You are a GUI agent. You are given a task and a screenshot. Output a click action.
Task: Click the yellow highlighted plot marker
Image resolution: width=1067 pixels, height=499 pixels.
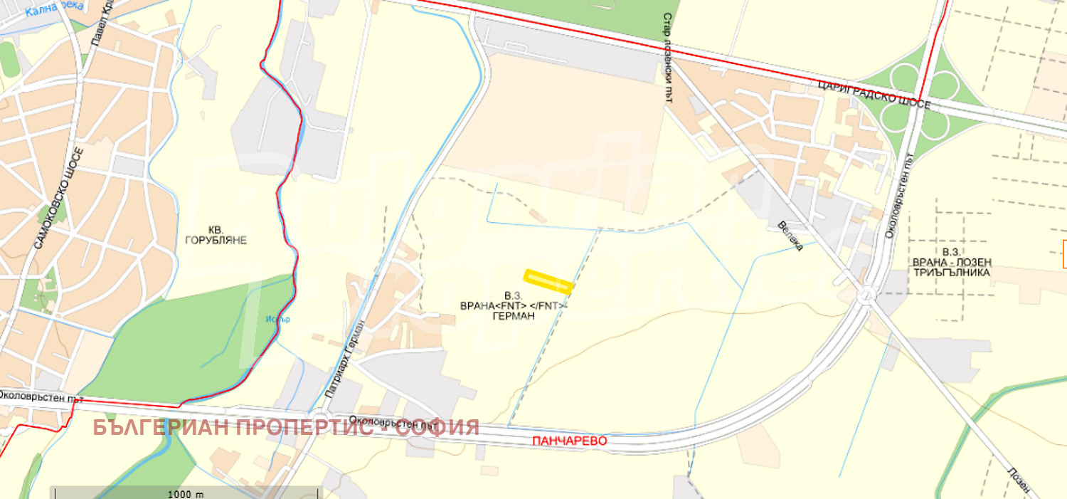548,281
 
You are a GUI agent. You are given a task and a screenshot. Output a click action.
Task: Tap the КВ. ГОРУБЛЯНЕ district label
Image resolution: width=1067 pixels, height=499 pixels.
216,236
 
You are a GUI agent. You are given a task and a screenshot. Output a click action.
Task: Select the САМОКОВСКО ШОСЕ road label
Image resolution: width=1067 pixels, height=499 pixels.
58,198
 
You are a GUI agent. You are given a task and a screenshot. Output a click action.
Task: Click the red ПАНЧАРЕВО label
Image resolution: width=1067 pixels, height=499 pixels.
570,441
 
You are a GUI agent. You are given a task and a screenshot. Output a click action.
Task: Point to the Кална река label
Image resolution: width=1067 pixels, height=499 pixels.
53,8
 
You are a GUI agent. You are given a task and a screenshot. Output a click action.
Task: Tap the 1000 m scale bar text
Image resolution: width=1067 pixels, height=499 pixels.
185,494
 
